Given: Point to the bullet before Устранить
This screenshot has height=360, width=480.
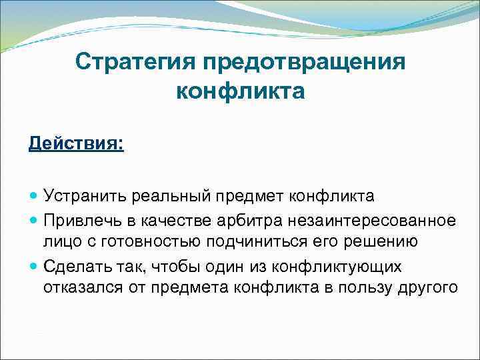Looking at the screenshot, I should coord(34,197).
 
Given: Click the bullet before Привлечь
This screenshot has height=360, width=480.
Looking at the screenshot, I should coord(34,219).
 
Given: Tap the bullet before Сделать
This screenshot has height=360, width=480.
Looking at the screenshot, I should coord(34,266).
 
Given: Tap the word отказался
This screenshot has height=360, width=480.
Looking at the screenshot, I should coord(81,289).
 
